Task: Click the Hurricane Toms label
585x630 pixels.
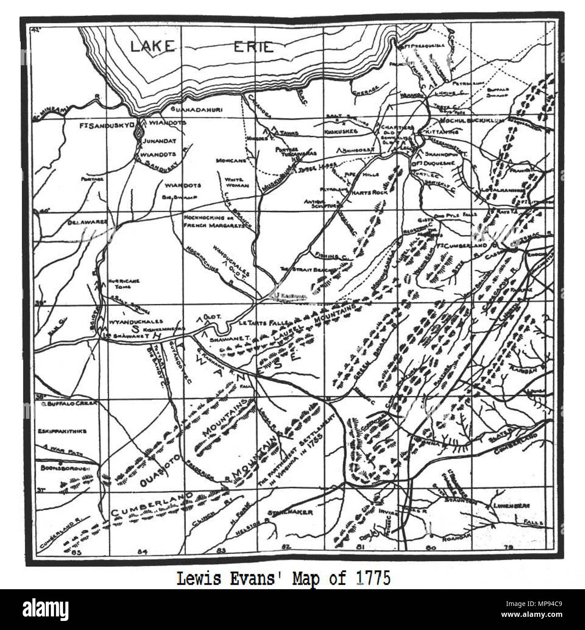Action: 123,284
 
